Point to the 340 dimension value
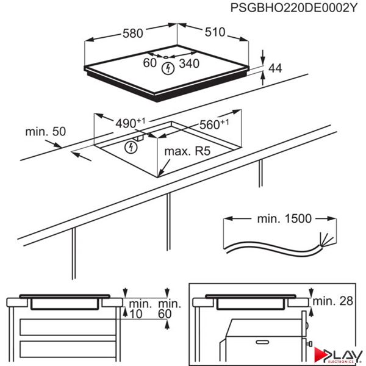point(189,63)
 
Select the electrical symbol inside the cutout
point(129,147)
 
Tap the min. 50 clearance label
point(45,131)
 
